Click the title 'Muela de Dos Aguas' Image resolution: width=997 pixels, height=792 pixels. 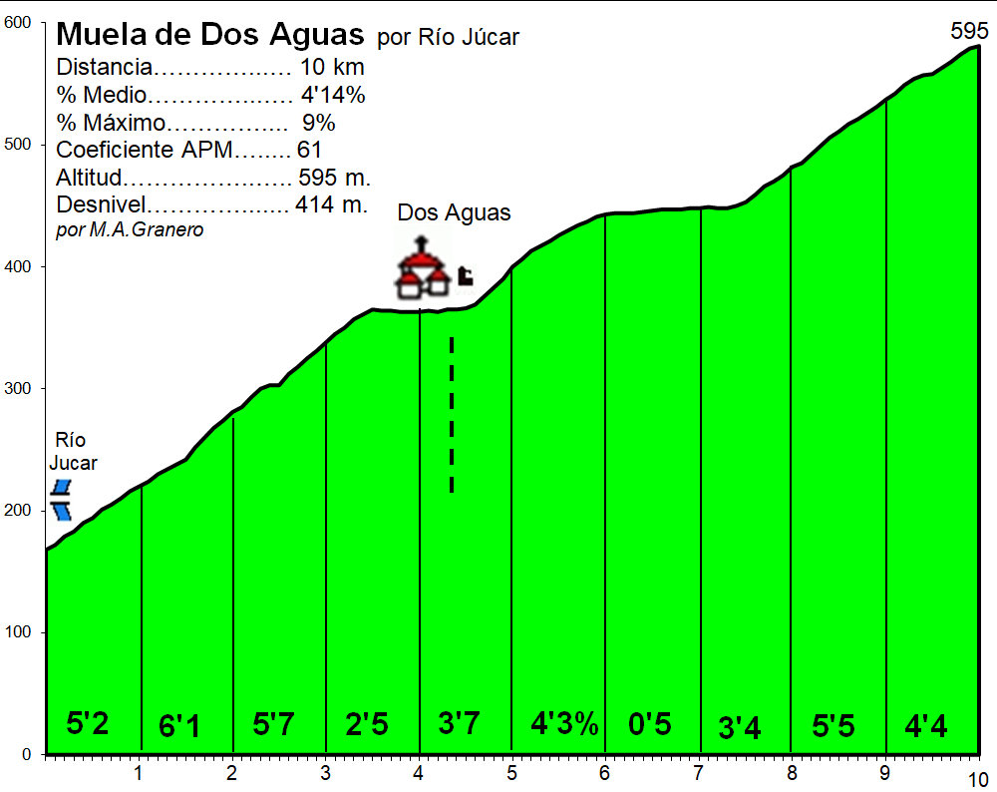[x=210, y=35]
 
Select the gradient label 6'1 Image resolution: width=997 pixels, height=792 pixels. [x=179, y=727]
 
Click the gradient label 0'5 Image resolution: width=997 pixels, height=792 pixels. [x=650, y=724]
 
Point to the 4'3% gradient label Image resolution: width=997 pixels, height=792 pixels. [x=564, y=724]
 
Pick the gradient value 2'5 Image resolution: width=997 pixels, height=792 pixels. [x=366, y=724]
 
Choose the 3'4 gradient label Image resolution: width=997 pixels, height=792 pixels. [x=740, y=729]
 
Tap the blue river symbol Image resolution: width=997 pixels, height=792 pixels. [x=62, y=500]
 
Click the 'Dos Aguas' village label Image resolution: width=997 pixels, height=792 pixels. [x=454, y=212]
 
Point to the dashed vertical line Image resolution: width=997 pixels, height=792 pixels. [x=452, y=414]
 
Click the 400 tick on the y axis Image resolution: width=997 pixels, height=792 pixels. [x=19, y=266]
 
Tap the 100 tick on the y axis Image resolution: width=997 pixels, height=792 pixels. [x=19, y=632]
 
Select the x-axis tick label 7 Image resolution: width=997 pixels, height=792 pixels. [x=698, y=774]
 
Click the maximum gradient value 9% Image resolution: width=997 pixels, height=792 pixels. [x=319, y=124]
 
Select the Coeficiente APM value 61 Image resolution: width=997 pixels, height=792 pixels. [x=309, y=151]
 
